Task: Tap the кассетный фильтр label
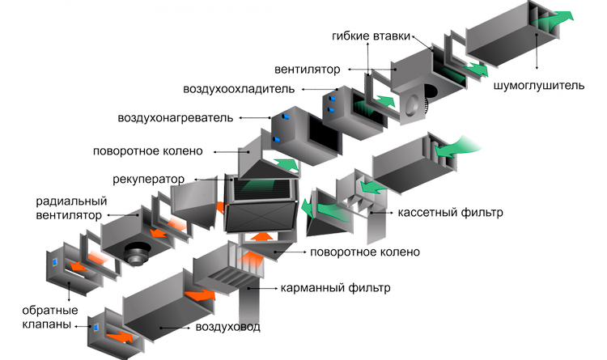449,214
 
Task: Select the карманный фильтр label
335,288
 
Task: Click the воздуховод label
227,327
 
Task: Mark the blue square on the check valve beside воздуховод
96,327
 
